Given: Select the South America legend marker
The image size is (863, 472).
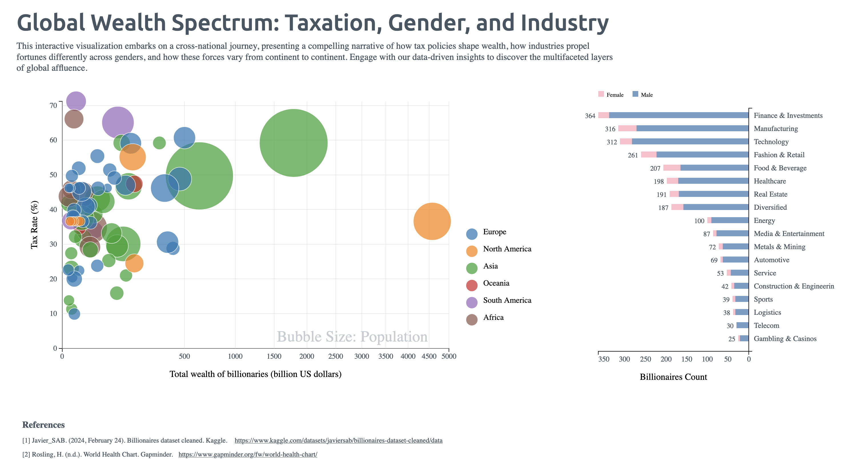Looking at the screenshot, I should tap(472, 302).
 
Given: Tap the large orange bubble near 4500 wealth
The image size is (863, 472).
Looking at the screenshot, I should tap(432, 221).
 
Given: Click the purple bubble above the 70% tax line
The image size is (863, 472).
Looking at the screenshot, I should tap(76, 101).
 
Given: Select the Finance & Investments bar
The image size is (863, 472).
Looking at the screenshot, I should tap(679, 115).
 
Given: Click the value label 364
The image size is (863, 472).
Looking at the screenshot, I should tap(590, 116).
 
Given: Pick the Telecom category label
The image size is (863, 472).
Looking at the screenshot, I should tap(766, 326).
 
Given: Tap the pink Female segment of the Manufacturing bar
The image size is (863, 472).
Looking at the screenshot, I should tap(627, 128).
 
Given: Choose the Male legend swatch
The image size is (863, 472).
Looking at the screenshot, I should tap(635, 94).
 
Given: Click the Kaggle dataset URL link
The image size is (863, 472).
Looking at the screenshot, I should tap(338, 441).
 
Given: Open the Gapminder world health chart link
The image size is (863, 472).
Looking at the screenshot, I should tap(248, 455).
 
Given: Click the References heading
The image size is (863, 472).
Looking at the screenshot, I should tap(44, 425).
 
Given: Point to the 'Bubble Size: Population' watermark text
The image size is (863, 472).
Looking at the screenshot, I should tap(352, 337).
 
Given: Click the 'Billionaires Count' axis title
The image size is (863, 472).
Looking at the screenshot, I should tap(673, 377).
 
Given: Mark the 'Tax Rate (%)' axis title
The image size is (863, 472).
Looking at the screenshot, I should tap(34, 225).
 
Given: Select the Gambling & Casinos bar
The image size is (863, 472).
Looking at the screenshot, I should tap(744, 338).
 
